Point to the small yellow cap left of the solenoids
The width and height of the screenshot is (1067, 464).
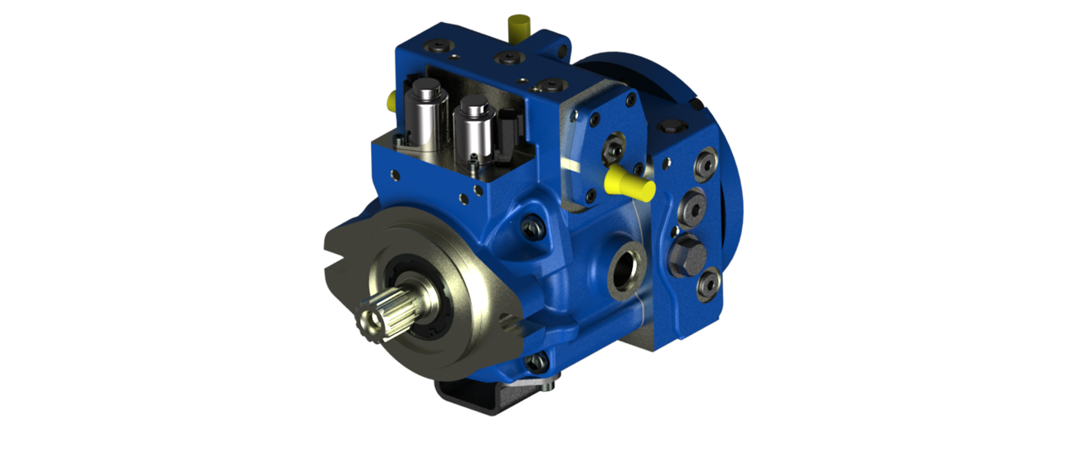(392, 99)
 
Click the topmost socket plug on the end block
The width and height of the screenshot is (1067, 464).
(703, 163)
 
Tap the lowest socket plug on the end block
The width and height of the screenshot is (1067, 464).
(704, 284)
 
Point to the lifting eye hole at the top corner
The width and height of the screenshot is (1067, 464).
(564, 52)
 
